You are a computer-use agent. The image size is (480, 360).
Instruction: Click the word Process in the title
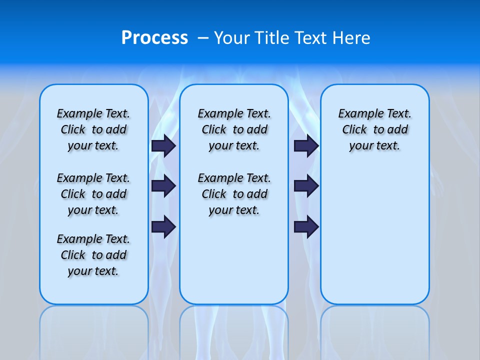pyautogui.click(x=154, y=37)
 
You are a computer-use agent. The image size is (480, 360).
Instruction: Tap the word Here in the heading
pyautogui.click(x=352, y=37)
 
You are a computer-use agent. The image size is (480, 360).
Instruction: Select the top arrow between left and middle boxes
pyautogui.click(x=163, y=145)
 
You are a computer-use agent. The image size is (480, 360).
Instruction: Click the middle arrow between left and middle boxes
pyautogui.click(x=163, y=186)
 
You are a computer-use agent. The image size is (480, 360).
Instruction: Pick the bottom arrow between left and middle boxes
pyautogui.click(x=163, y=226)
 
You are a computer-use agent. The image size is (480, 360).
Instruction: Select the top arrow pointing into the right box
pyautogui.click(x=306, y=145)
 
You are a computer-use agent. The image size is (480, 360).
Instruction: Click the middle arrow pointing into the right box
pyautogui.click(x=306, y=186)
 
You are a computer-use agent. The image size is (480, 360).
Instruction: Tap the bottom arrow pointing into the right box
pyautogui.click(x=306, y=226)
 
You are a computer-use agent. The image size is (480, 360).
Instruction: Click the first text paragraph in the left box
pyautogui.click(x=93, y=129)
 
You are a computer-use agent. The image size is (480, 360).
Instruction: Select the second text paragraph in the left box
pyautogui.click(x=93, y=194)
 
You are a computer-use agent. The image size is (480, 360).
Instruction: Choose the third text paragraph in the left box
pyautogui.click(x=93, y=255)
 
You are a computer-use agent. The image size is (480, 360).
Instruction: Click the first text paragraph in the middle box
pyautogui.click(x=234, y=129)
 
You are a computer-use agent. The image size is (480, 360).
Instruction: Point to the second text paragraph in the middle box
pyautogui.click(x=234, y=194)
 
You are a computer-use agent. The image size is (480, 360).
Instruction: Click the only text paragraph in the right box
pyautogui.click(x=375, y=129)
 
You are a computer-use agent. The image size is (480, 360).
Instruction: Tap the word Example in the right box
pyautogui.click(x=357, y=114)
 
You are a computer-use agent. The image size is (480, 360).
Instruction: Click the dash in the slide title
pyautogui.click(x=203, y=38)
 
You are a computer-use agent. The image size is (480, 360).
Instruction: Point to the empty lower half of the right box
pyautogui.click(x=375, y=240)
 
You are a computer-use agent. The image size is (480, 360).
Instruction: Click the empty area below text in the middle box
pyautogui.click(x=234, y=260)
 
